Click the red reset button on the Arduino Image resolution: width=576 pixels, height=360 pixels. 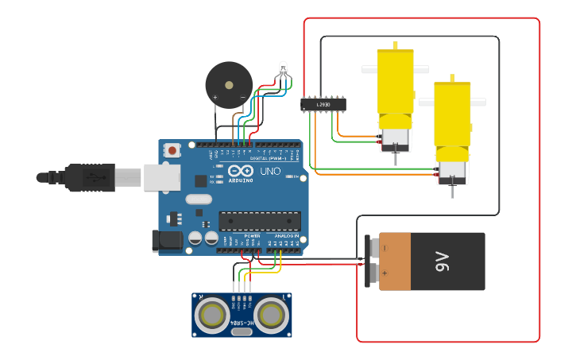tap(172, 149)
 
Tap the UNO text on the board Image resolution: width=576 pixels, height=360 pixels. tap(271, 171)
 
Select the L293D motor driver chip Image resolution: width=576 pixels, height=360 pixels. tap(323, 104)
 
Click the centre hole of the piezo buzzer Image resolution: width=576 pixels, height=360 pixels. tap(229, 84)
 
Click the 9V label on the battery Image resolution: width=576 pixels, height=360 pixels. tap(443, 261)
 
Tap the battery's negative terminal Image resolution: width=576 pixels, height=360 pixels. tap(373, 247)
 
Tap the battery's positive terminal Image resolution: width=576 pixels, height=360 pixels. tap(373, 274)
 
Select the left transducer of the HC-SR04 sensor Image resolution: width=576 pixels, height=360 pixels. tap(214, 315)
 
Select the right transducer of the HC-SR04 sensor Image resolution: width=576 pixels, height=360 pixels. tap(271, 315)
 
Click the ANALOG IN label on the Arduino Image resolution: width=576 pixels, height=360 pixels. tap(286, 236)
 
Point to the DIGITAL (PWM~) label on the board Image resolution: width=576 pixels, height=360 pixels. tap(268, 158)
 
